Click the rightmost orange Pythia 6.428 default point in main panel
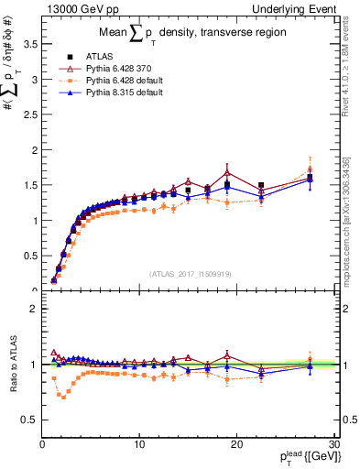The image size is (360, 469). pos(311,169)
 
